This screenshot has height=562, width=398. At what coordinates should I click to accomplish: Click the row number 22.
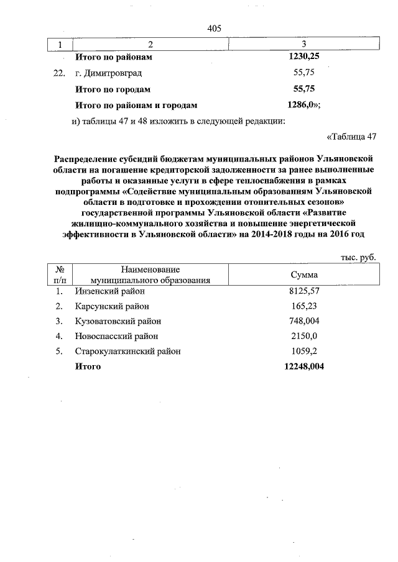(59, 73)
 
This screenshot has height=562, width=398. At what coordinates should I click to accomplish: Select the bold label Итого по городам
(113, 89)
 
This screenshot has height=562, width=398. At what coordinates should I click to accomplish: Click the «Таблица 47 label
(352, 136)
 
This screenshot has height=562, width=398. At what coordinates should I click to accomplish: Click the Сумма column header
(304, 274)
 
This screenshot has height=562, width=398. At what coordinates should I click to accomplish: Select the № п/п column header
(61, 274)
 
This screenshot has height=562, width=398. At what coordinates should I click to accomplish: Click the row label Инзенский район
(109, 291)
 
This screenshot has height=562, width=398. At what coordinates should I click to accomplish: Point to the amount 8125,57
(304, 291)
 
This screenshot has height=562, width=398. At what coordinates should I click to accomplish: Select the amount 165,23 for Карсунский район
(304, 306)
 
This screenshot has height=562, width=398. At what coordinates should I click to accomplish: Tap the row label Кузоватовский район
(118, 321)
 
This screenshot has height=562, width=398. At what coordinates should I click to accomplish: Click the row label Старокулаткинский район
(128, 351)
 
